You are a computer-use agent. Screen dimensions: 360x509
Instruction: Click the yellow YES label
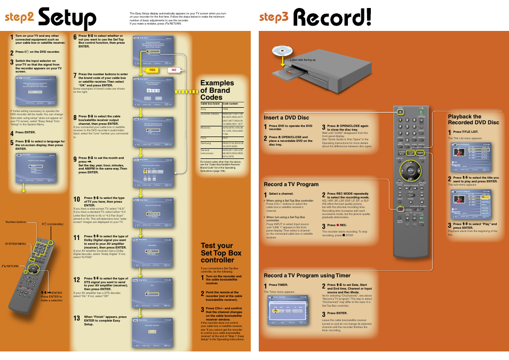pyautogui.click(x=152, y=70)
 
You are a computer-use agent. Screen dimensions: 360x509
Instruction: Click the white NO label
pyautogui.click(x=173, y=70)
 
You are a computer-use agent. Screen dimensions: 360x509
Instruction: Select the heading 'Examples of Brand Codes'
pyautogui.click(x=217, y=90)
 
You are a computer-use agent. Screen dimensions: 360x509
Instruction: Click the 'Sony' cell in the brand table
pyautogui.click(x=204, y=109)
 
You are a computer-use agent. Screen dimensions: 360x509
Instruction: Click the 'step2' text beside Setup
pyautogui.click(x=20, y=17)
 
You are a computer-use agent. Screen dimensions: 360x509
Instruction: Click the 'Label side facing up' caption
pyautogui.click(x=303, y=60)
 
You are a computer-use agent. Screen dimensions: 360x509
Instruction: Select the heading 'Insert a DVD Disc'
pyautogui.click(x=286, y=117)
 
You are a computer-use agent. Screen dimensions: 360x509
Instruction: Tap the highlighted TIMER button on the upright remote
pyautogui.click(x=410, y=153)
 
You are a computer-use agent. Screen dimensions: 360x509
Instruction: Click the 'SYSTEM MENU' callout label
pyautogui.click(x=15, y=244)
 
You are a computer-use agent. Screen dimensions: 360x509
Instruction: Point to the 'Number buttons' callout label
pyautogui.click(x=16, y=222)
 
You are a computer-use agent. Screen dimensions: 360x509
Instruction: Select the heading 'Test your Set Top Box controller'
pyautogui.click(x=221, y=253)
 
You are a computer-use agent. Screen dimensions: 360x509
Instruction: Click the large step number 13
pyautogui.click(x=76, y=318)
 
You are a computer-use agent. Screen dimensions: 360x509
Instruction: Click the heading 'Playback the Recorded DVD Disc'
pyautogui.click(x=473, y=119)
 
